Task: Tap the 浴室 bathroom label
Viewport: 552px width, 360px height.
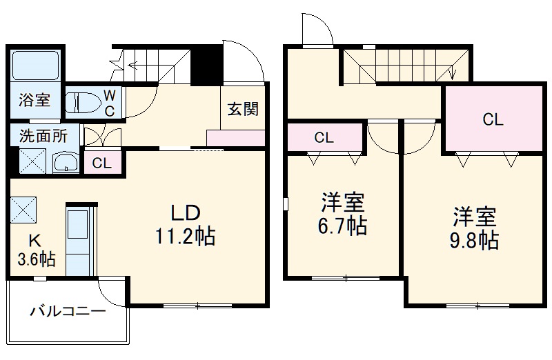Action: coord(33,100)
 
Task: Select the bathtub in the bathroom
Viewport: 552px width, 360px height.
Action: coord(36,64)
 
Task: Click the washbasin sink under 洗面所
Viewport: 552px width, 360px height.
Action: coord(67,163)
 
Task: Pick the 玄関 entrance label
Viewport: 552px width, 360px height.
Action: coord(243,109)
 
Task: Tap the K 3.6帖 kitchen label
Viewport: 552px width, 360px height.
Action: coord(35,250)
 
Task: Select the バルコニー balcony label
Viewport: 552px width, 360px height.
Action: coord(67,312)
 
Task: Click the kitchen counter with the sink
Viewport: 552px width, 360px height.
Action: coord(80,238)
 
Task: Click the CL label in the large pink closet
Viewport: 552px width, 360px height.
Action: coord(493,120)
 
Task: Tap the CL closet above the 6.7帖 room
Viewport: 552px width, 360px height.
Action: coord(324,137)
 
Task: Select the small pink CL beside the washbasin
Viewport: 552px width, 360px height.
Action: coord(101,163)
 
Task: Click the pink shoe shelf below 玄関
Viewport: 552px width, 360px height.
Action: coord(236,137)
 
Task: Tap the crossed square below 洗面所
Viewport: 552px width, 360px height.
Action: coord(32,162)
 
